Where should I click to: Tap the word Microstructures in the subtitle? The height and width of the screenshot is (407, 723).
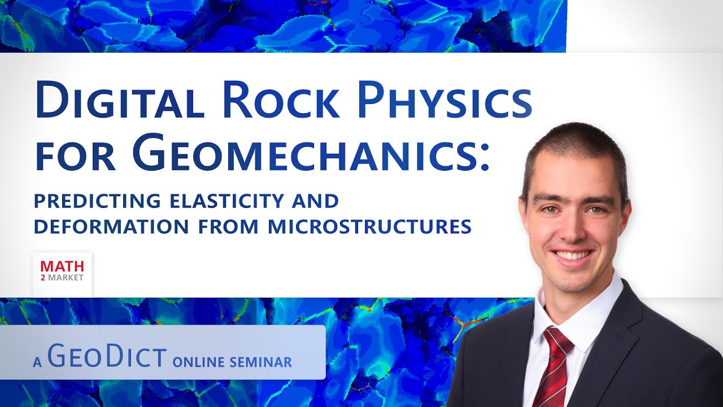(370, 227)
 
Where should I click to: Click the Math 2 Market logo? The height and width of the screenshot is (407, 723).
(62, 271)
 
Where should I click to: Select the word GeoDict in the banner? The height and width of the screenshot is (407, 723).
(107, 358)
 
